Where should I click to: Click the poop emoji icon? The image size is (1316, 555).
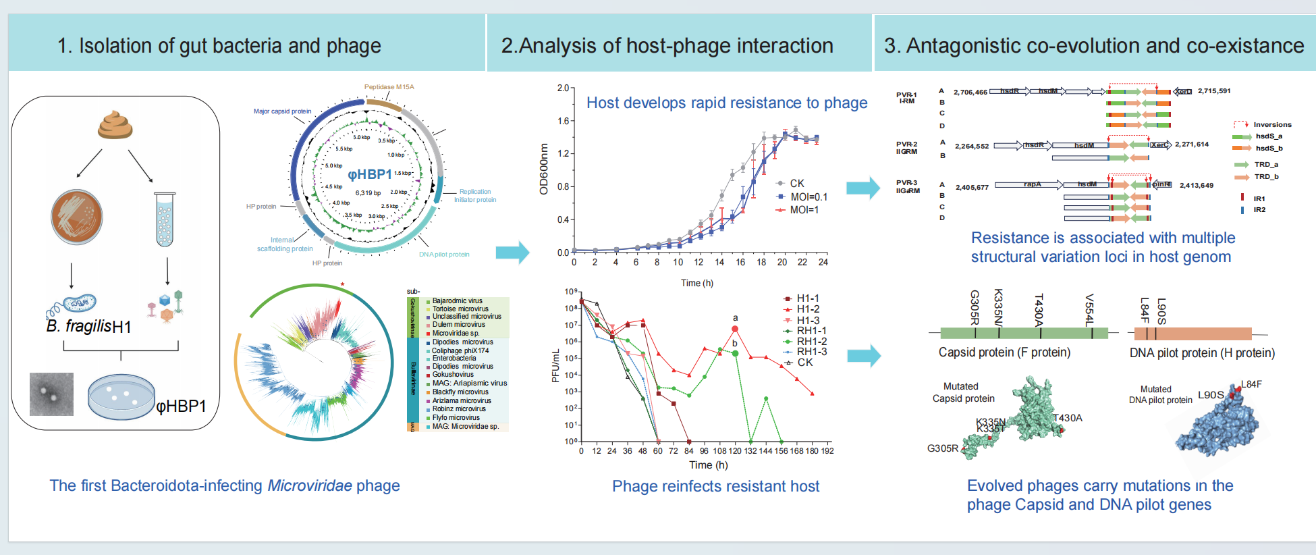(x=115, y=125)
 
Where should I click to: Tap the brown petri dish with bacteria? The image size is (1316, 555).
(x=77, y=217)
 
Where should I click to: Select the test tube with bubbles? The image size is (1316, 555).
(x=165, y=219)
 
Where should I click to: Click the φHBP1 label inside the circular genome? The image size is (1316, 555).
(x=369, y=174)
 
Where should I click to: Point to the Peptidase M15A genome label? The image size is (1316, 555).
(x=389, y=87)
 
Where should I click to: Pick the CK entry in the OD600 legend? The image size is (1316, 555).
(x=796, y=184)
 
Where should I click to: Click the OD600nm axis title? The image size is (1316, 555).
(x=544, y=169)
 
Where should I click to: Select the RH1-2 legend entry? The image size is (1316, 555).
(x=811, y=342)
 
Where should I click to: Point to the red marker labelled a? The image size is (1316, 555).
(x=735, y=329)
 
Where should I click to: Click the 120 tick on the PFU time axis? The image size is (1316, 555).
(x=735, y=451)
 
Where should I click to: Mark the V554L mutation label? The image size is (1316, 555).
(x=1089, y=309)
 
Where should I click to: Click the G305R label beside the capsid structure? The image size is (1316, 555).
(x=943, y=448)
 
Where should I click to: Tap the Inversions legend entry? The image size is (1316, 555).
(x=1271, y=125)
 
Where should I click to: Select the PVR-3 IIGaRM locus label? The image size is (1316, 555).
(x=907, y=186)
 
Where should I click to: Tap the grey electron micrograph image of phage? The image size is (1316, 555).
(x=51, y=394)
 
